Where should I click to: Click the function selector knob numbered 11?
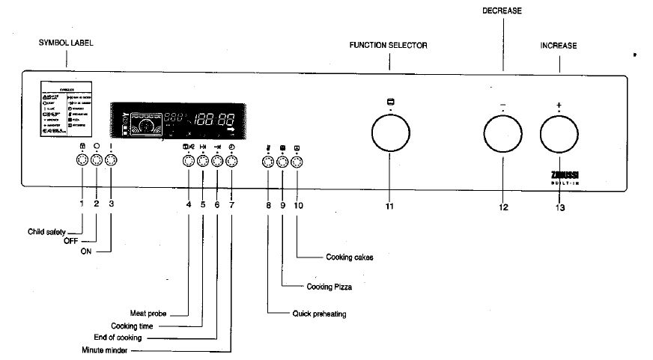pos(391,137)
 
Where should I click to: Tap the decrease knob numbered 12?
pos(502,137)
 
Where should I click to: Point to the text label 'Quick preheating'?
pos(319,314)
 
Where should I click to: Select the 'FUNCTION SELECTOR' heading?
pos(388,46)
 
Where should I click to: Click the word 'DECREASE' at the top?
pos(502,11)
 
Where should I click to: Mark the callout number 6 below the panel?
pos(217,204)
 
